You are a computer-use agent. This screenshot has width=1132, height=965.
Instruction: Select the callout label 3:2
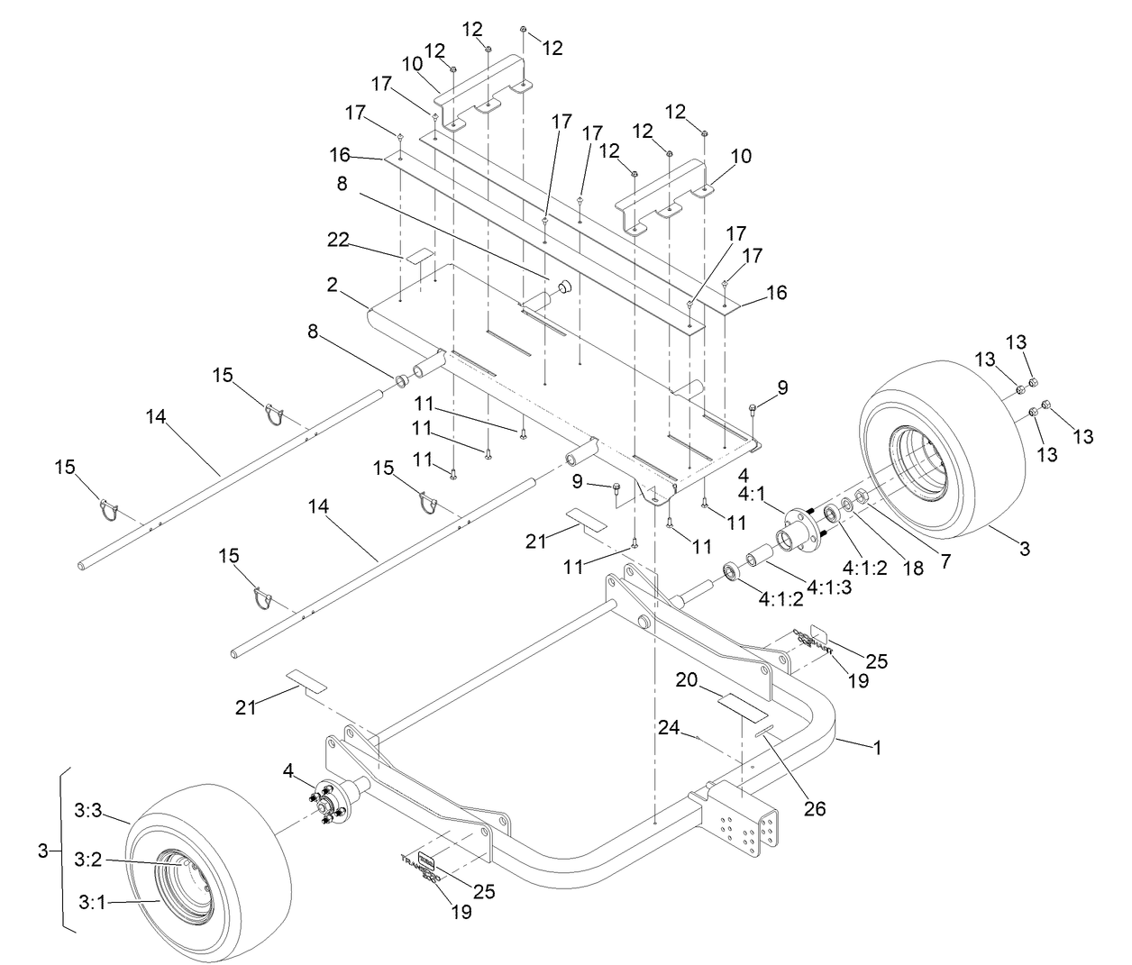[x=88, y=860]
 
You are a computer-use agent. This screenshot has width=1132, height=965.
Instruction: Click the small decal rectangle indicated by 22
[x=418, y=258]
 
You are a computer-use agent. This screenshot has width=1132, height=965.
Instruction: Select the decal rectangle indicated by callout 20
[x=738, y=701]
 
